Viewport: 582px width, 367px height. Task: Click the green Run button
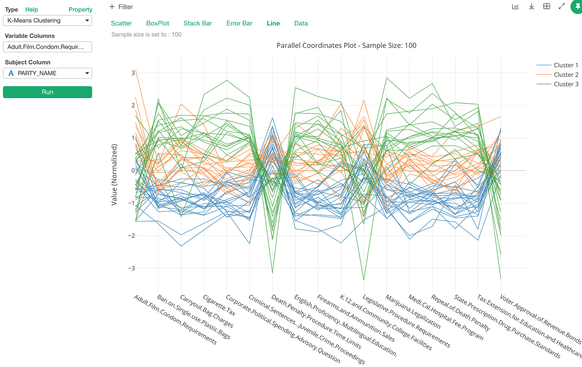pyautogui.click(x=47, y=92)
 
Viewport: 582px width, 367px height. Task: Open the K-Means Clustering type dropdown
pyautogui.click(x=47, y=20)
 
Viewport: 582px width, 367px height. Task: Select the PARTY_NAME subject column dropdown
pyautogui.click(x=47, y=73)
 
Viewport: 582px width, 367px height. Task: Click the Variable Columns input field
pyautogui.click(x=47, y=47)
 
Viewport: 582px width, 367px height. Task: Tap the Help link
pyautogui.click(x=32, y=10)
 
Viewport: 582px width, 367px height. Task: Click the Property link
pyautogui.click(x=80, y=10)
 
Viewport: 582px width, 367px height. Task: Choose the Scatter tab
pyautogui.click(x=121, y=23)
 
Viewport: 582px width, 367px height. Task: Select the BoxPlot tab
pyautogui.click(x=158, y=23)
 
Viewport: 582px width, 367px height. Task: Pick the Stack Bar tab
pyautogui.click(x=198, y=23)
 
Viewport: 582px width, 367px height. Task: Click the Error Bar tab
pyautogui.click(x=239, y=23)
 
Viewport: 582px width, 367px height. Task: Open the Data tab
pyautogui.click(x=301, y=23)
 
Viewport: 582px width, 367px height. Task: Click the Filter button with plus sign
pyautogui.click(x=121, y=7)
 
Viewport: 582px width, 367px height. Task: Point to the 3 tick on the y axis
pyautogui.click(x=133, y=73)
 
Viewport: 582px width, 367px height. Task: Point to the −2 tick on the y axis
pyautogui.click(x=131, y=236)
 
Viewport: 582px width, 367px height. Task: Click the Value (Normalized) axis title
pyautogui.click(x=114, y=175)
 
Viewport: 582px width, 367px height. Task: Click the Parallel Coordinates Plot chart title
pyautogui.click(x=346, y=46)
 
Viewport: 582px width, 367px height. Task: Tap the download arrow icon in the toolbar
pyautogui.click(x=531, y=6)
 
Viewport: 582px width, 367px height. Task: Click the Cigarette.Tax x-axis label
pyautogui.click(x=219, y=305)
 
